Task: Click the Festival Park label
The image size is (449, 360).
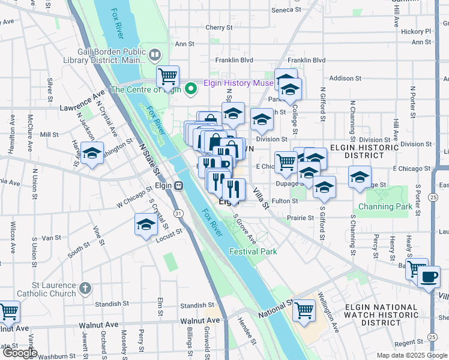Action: tap(253, 251)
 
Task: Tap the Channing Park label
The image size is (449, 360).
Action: tap(385, 207)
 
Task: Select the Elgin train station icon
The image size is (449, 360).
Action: tap(178, 185)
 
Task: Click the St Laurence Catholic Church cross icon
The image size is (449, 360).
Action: tap(86, 288)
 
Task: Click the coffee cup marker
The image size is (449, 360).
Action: tap(429, 277)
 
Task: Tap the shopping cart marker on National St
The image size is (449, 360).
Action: tap(304, 310)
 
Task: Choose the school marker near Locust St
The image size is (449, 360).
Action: tap(146, 226)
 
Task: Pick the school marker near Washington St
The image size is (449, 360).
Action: tap(92, 153)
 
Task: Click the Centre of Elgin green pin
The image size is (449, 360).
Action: tap(191, 89)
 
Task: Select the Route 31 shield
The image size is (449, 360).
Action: tap(178, 213)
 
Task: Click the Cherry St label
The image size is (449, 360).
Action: tap(218, 28)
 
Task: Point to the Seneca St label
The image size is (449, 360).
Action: tap(286, 10)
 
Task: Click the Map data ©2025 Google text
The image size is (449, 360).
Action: tap(411, 355)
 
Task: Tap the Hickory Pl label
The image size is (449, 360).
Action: tap(417, 31)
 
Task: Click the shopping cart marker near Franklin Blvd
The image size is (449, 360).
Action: tap(168, 76)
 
